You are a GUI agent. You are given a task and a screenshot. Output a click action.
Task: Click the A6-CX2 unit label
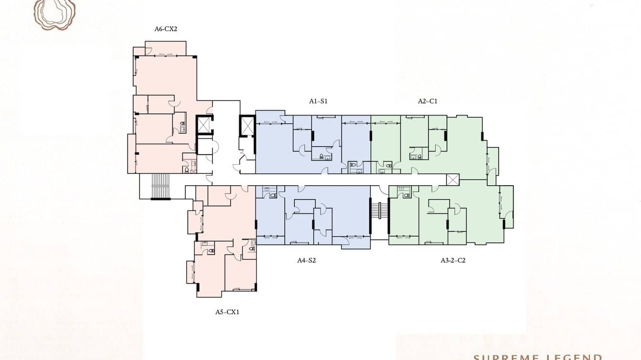tap(166, 29)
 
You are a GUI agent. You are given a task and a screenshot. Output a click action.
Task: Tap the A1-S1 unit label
tap(318, 101)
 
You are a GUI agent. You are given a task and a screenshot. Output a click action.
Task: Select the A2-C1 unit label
tap(427, 101)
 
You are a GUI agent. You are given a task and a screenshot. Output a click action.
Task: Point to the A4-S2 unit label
tap(307, 261)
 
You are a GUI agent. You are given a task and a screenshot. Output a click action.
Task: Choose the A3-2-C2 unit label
tap(453, 261)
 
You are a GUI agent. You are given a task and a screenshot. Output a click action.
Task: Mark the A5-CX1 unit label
tap(227, 312)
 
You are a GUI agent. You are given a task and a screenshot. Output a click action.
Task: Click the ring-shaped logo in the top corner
tap(54, 13)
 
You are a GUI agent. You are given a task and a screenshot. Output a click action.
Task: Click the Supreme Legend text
tap(537, 356)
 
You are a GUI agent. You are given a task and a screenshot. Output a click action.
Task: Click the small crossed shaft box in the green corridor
tap(452, 180)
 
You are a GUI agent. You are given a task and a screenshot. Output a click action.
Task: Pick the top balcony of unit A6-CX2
tap(165, 48)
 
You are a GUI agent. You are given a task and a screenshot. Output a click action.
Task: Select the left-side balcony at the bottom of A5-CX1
tap(190, 272)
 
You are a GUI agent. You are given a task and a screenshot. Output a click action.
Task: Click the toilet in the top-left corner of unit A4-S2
tap(273, 195)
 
